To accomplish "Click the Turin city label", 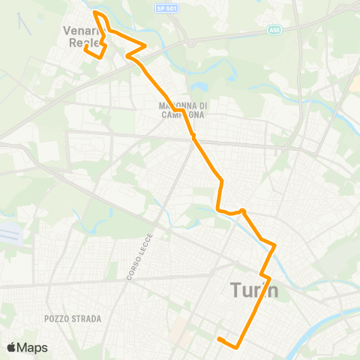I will tap(254, 290).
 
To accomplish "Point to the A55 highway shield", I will tap(276, 31).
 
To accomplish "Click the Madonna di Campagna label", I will tap(183, 110).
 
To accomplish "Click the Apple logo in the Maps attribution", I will tap(12, 347).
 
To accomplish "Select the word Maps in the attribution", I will tap(33, 347).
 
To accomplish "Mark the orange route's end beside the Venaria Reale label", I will tap(85, 48).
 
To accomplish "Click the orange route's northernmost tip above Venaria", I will tap(94, 13).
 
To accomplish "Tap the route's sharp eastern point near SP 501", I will tap(145, 44).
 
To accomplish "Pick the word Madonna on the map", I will tap(182, 106).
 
